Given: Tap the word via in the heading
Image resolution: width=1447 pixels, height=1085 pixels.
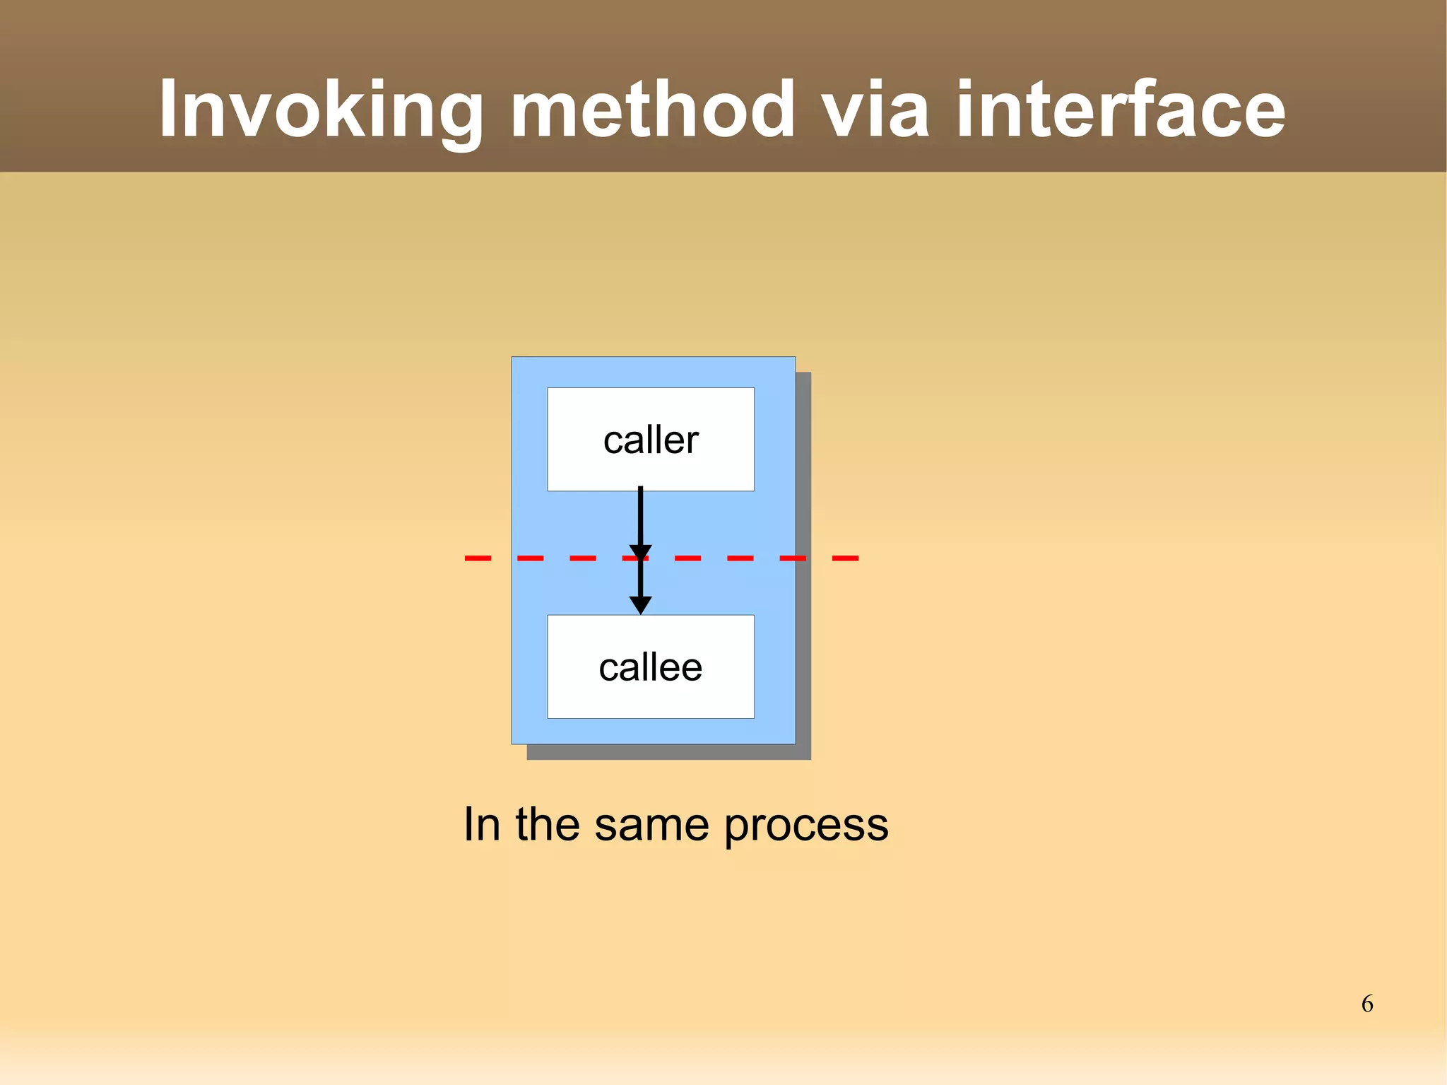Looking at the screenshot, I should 876,110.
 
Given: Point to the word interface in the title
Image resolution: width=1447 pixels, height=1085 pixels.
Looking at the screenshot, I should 1120,110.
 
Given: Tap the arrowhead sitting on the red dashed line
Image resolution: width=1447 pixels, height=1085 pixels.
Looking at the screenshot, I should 640,552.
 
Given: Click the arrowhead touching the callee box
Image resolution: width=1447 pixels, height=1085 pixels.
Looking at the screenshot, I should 640,605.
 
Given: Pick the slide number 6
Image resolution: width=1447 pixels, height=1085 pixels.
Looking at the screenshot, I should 1367,1004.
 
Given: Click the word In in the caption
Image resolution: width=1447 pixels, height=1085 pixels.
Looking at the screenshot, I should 482,824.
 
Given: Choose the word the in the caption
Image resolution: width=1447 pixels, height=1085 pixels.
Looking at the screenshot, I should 548,824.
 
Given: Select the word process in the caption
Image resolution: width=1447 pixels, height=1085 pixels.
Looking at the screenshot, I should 806,824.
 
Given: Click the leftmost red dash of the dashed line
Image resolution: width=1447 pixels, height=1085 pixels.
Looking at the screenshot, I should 478,558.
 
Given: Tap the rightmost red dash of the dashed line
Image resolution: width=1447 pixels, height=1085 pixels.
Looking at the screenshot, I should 845,558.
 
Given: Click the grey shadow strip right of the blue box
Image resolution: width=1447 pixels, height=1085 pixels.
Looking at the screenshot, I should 803,565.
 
